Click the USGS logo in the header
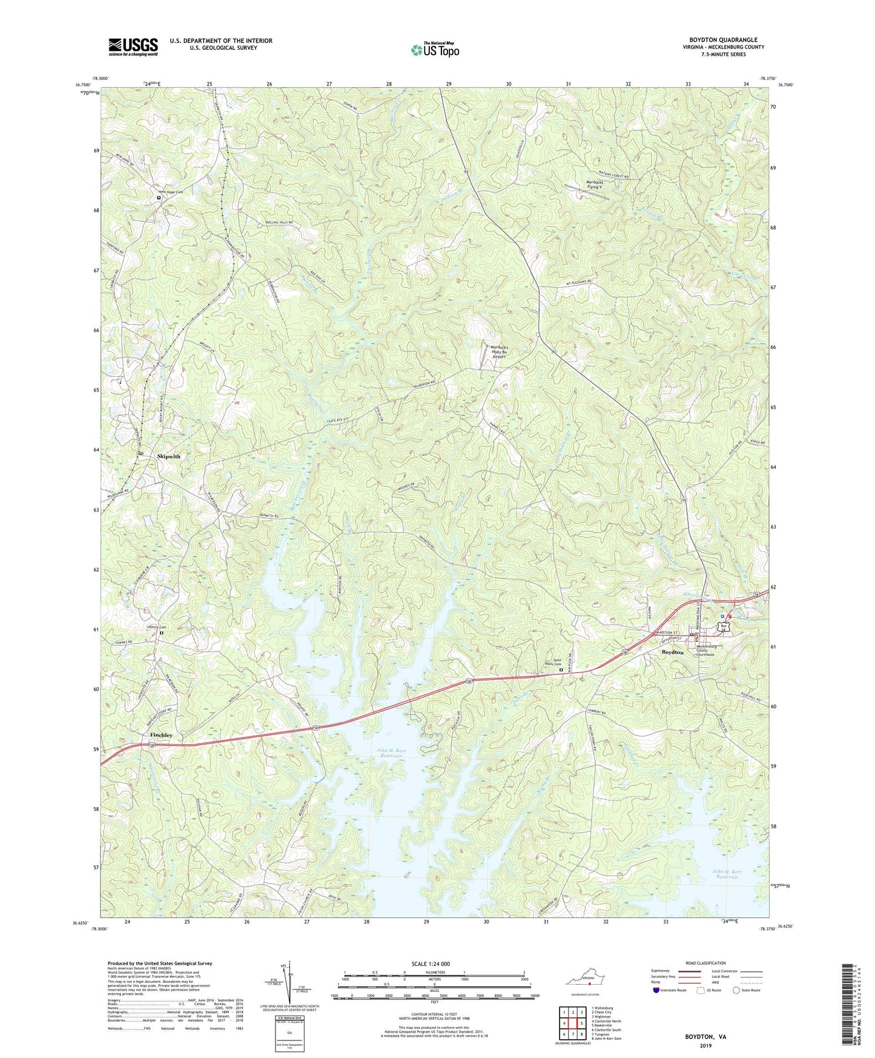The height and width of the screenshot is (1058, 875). click(133, 47)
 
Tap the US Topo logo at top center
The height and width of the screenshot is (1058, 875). click(435, 50)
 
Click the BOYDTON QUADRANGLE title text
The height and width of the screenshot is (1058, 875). click(723, 40)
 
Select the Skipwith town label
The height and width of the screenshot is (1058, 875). click(168, 456)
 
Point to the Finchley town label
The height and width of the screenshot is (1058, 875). click(161, 735)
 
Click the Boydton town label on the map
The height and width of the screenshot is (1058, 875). click(672, 652)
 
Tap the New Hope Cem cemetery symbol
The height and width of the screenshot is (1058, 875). click(159, 198)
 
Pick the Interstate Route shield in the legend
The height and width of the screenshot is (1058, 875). click(658, 990)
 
